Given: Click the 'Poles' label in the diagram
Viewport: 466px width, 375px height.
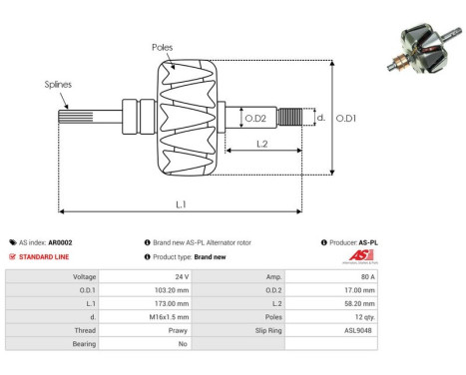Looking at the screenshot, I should click(x=162, y=47).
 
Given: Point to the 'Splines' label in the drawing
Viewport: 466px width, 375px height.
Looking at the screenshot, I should click(x=59, y=86).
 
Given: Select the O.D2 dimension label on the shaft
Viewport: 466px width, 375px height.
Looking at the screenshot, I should click(x=255, y=119).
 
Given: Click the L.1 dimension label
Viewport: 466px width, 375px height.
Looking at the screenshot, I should click(x=190, y=202).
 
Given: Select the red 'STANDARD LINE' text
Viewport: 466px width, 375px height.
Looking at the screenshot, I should click(x=45, y=256).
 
